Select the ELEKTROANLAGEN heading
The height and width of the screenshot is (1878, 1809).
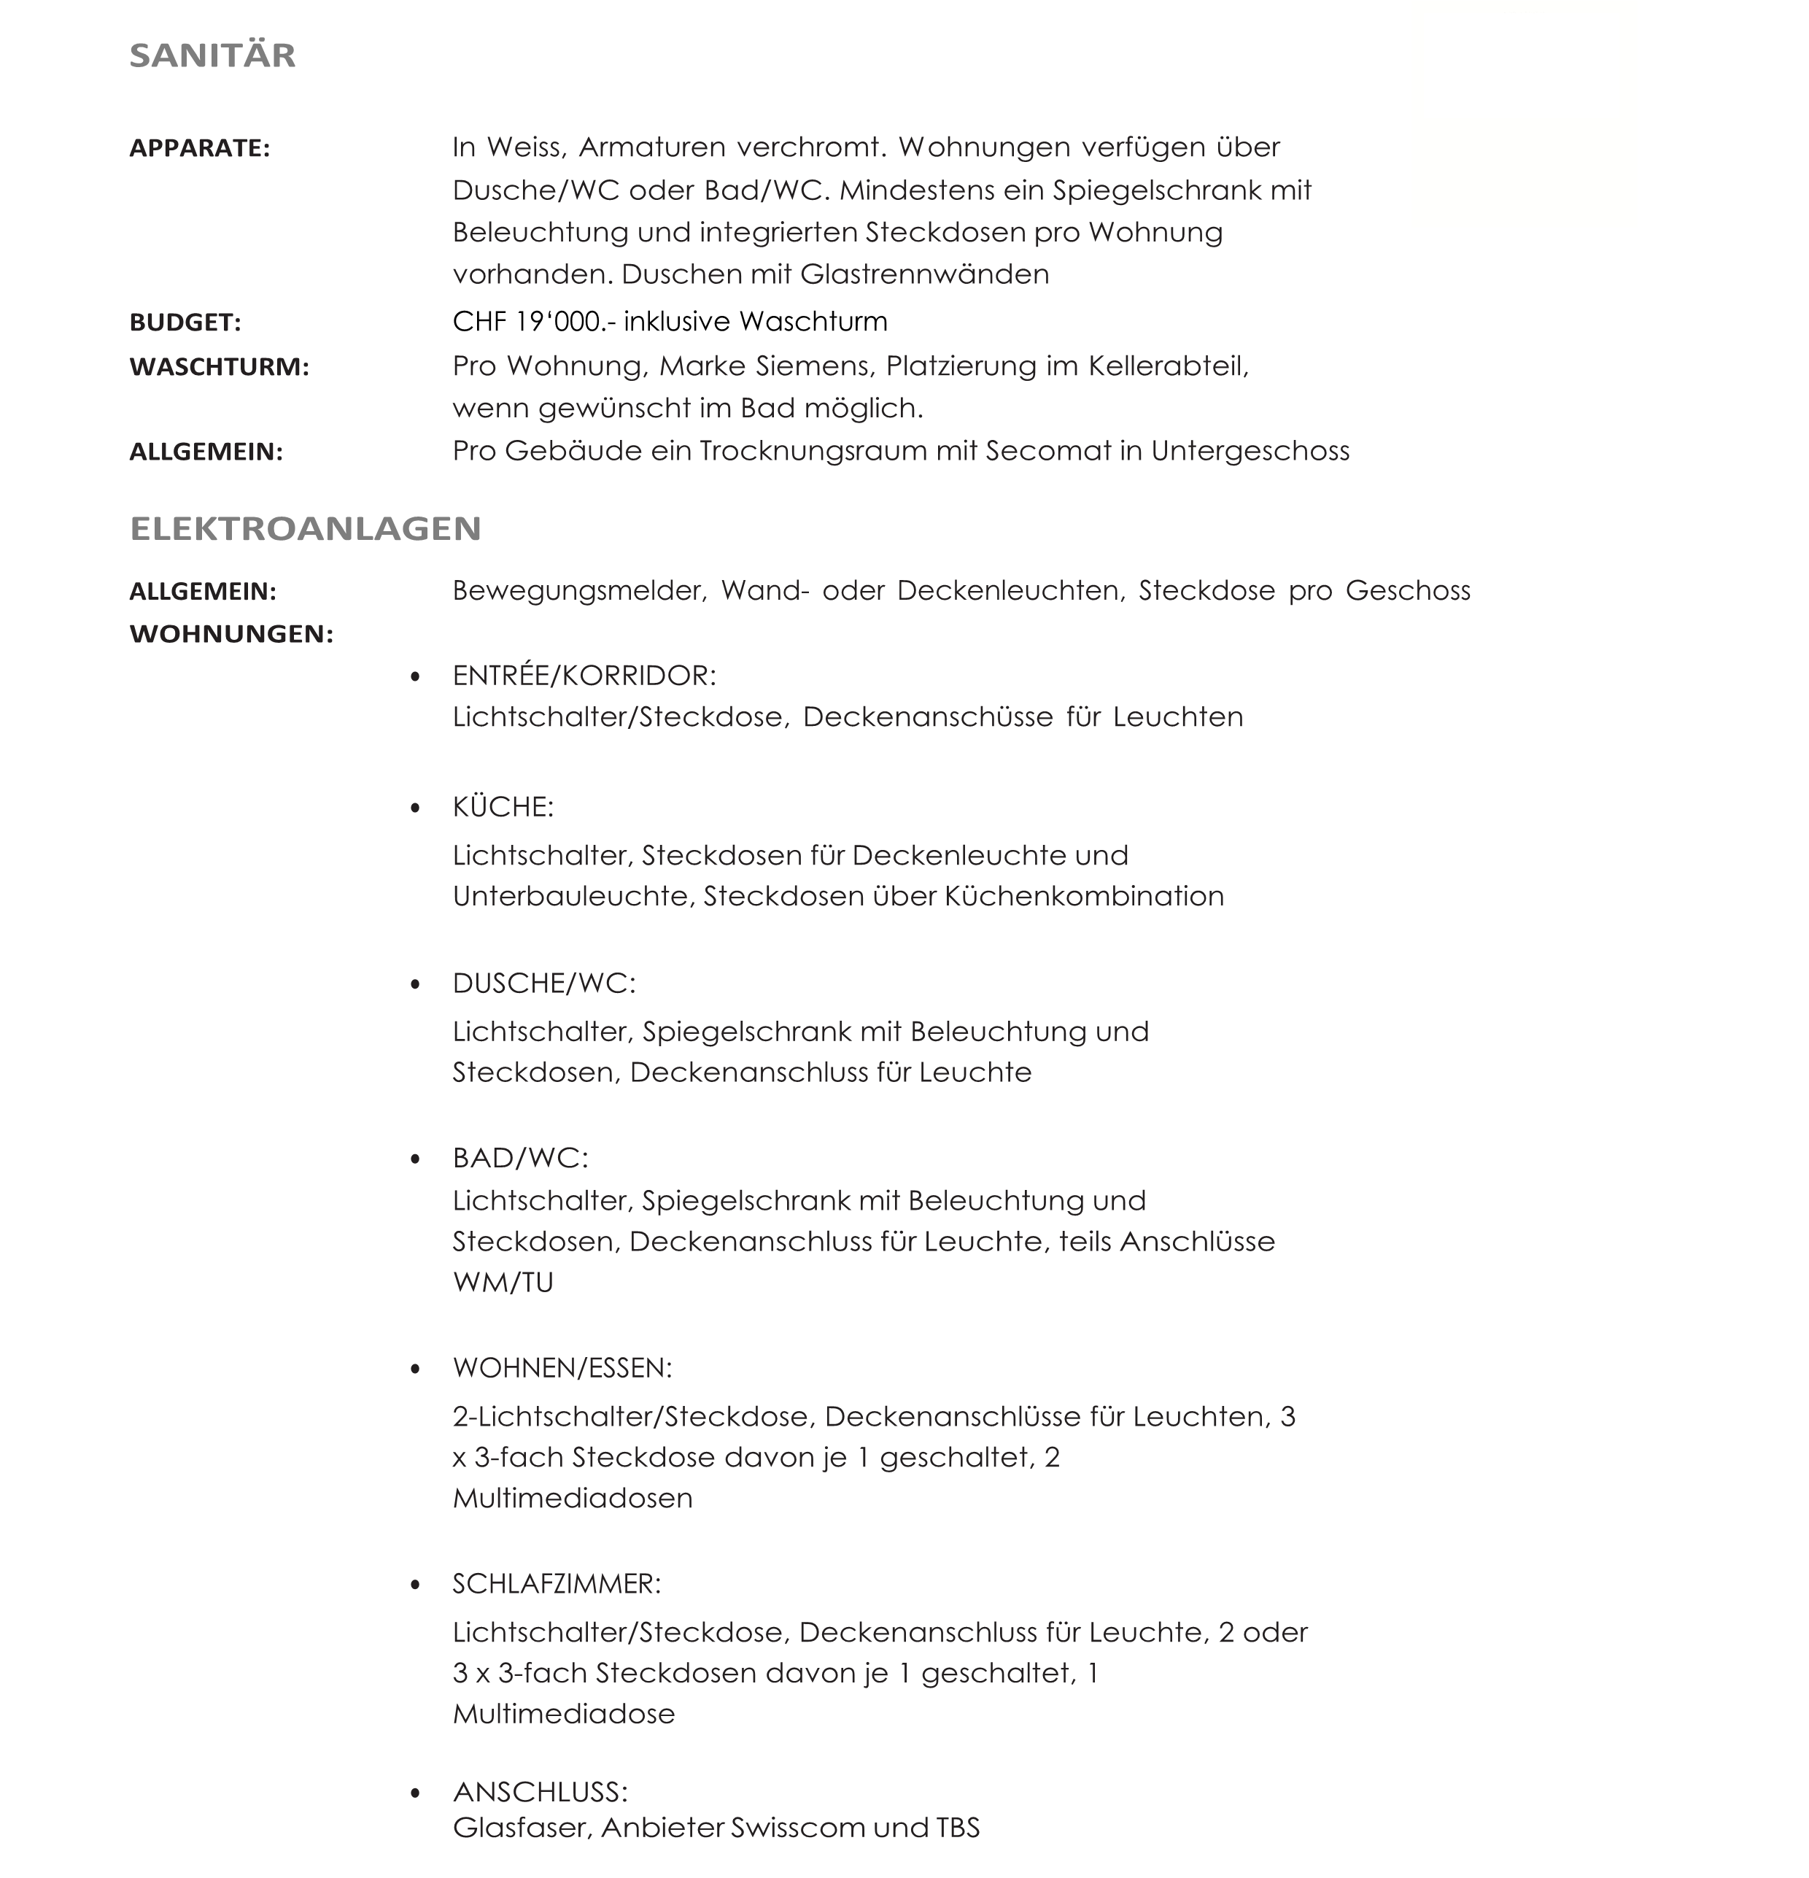click(x=305, y=529)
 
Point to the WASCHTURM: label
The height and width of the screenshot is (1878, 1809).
click(x=220, y=367)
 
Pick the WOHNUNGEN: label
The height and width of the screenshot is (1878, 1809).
click(x=231, y=634)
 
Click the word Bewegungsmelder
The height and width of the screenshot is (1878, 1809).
click(x=578, y=591)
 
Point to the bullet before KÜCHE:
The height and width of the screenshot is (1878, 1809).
click(x=415, y=808)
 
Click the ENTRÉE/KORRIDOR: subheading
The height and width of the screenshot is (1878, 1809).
click(x=584, y=676)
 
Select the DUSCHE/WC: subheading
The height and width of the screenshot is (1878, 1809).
click(x=543, y=983)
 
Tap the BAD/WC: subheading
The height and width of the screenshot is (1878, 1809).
click(x=520, y=1159)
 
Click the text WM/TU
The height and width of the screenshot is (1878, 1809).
click(x=503, y=1282)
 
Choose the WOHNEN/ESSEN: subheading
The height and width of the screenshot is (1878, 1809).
click(x=562, y=1368)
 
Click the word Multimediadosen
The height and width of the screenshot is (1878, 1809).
click(x=572, y=1498)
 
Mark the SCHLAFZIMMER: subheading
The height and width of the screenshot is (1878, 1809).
click(x=557, y=1584)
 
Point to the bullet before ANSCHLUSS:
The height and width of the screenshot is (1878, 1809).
click(x=415, y=1793)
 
